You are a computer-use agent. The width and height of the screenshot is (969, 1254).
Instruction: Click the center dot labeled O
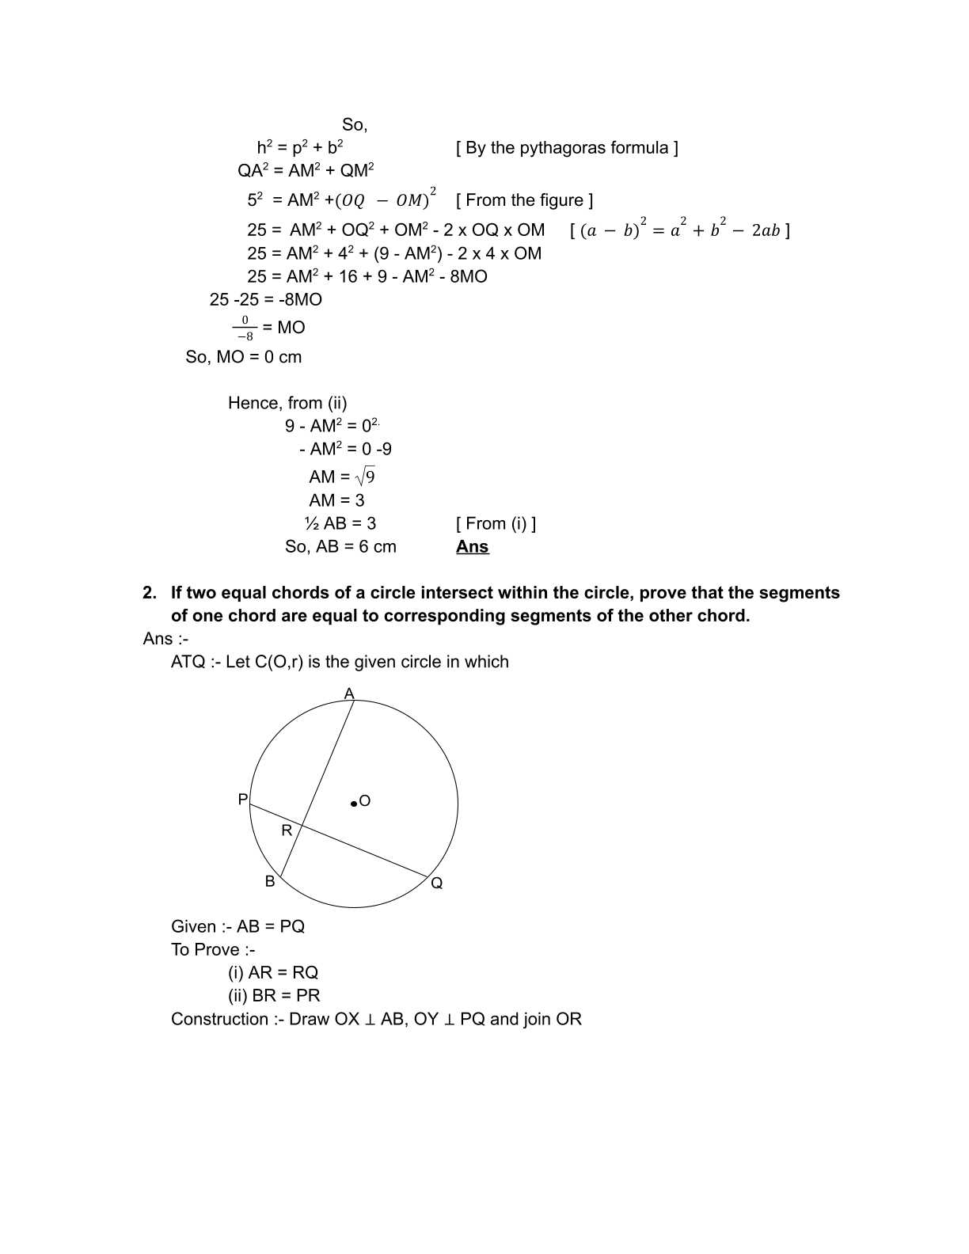[x=354, y=804]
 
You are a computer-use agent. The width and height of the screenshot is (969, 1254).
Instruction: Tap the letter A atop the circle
[x=349, y=694]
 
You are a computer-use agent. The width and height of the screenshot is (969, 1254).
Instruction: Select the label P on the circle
[x=243, y=800]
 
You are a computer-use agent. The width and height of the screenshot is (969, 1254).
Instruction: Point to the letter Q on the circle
[x=437, y=883]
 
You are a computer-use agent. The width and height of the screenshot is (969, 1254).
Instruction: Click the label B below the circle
[x=270, y=882]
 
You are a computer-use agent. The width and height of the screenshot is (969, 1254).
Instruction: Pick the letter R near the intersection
[x=287, y=830]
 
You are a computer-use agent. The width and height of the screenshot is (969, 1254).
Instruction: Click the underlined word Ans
[x=472, y=547]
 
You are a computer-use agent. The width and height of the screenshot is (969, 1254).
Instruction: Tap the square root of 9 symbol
[x=365, y=477]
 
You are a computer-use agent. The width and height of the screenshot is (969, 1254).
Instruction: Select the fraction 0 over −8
[x=245, y=328]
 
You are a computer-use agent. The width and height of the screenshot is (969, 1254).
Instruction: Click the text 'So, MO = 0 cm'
[x=244, y=357]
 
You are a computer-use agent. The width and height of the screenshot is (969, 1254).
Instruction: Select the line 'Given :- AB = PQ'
[x=237, y=926]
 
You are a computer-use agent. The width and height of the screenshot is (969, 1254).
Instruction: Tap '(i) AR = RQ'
[x=273, y=972]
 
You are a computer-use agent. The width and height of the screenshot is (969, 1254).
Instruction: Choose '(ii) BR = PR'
[x=274, y=995]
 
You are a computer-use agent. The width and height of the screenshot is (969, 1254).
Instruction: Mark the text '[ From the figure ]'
[x=524, y=200]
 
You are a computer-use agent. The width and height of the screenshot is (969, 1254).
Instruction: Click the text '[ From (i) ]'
[x=496, y=523]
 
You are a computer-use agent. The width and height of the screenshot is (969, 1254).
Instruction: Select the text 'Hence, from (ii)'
[x=287, y=403]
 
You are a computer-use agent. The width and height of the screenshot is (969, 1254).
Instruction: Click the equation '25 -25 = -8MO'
[x=266, y=299]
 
